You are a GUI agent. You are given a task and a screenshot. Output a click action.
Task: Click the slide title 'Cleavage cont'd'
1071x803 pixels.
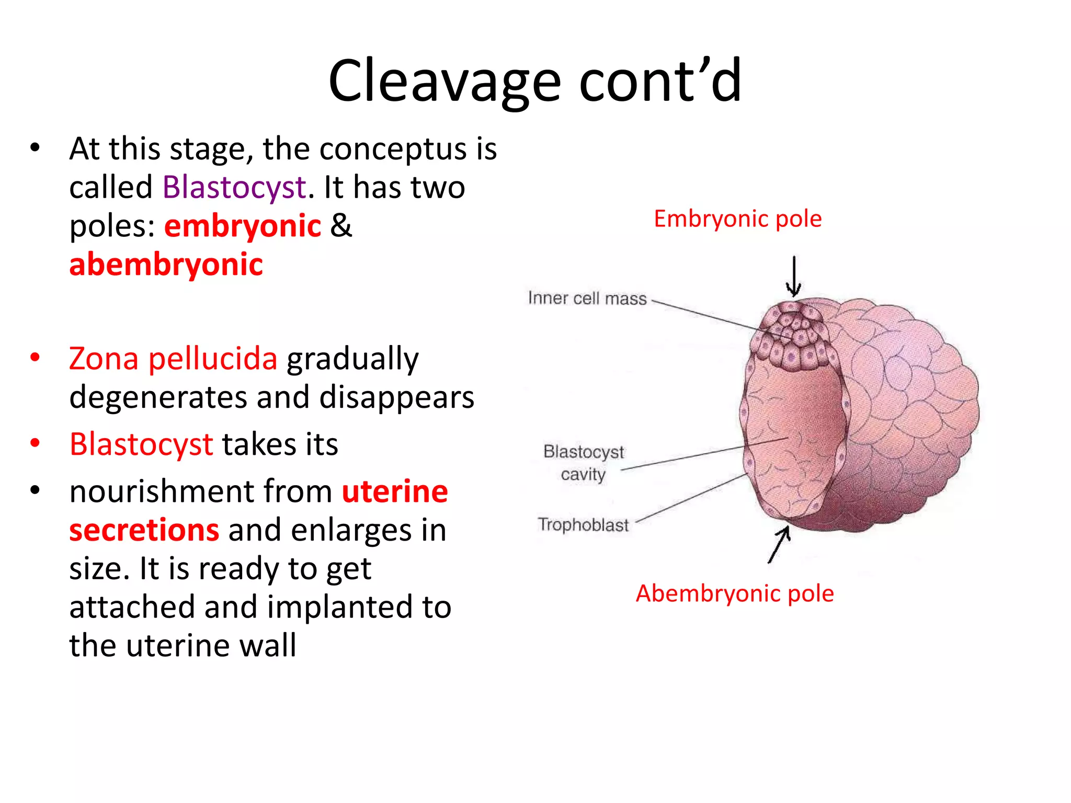pos(534,81)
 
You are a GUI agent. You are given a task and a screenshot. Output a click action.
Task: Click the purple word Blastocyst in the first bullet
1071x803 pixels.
pos(234,187)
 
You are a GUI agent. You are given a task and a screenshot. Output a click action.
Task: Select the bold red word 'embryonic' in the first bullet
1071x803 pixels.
pos(243,226)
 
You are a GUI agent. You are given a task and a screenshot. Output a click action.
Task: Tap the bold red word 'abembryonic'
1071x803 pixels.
pos(166,265)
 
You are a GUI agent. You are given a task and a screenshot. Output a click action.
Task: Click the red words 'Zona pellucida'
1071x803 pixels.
pos(173,359)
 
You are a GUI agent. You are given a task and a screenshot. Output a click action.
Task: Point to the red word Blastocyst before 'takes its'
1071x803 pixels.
pos(141,444)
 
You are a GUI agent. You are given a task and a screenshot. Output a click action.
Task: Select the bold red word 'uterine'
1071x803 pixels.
pos(395,491)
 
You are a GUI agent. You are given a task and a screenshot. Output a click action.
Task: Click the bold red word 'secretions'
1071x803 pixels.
pos(144,530)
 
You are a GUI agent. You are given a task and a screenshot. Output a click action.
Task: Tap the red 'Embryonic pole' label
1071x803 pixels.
pos(737,219)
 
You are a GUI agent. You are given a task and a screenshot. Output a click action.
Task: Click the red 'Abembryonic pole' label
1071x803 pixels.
pos(735,593)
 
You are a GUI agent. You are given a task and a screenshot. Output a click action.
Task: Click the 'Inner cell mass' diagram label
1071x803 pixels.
pos(587,298)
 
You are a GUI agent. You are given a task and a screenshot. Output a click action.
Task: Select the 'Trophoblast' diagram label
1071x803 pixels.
pos(583,524)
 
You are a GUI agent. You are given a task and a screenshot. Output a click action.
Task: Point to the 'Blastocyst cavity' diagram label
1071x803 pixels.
pos(583,463)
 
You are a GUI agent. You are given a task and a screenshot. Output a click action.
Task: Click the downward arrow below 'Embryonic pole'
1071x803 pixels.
pos(794,276)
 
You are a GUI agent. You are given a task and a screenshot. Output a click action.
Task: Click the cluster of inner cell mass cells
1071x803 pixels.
pos(792,337)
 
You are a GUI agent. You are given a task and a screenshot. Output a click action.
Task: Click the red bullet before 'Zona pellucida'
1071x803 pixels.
pos(35,358)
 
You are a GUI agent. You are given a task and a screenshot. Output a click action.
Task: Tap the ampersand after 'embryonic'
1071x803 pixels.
pos(341,226)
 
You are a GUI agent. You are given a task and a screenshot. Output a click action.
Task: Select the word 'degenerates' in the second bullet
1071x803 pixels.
pos(158,397)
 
